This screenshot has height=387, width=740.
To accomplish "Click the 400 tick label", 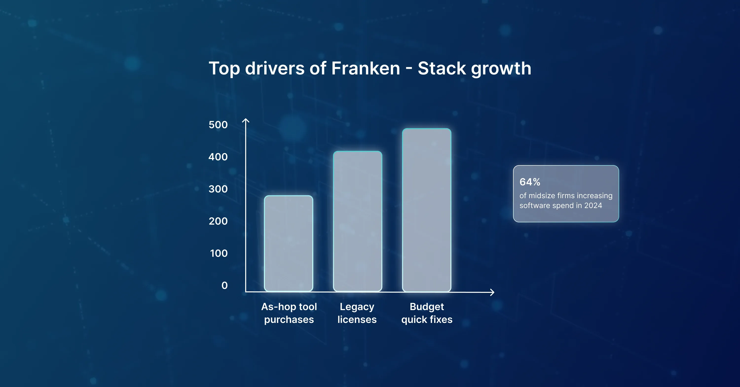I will pos(218,157).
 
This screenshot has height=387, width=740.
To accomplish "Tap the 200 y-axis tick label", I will pos(218,221).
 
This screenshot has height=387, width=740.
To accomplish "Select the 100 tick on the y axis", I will pos(219,253).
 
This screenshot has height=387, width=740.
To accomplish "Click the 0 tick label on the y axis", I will pos(224,285).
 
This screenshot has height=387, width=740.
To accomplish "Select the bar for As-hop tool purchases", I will pos(288,244).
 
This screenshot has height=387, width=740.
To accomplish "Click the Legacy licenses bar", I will pos(357,221).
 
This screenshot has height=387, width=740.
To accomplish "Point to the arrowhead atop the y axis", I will pos(246,120).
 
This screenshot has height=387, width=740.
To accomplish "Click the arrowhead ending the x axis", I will pos(492,292).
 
